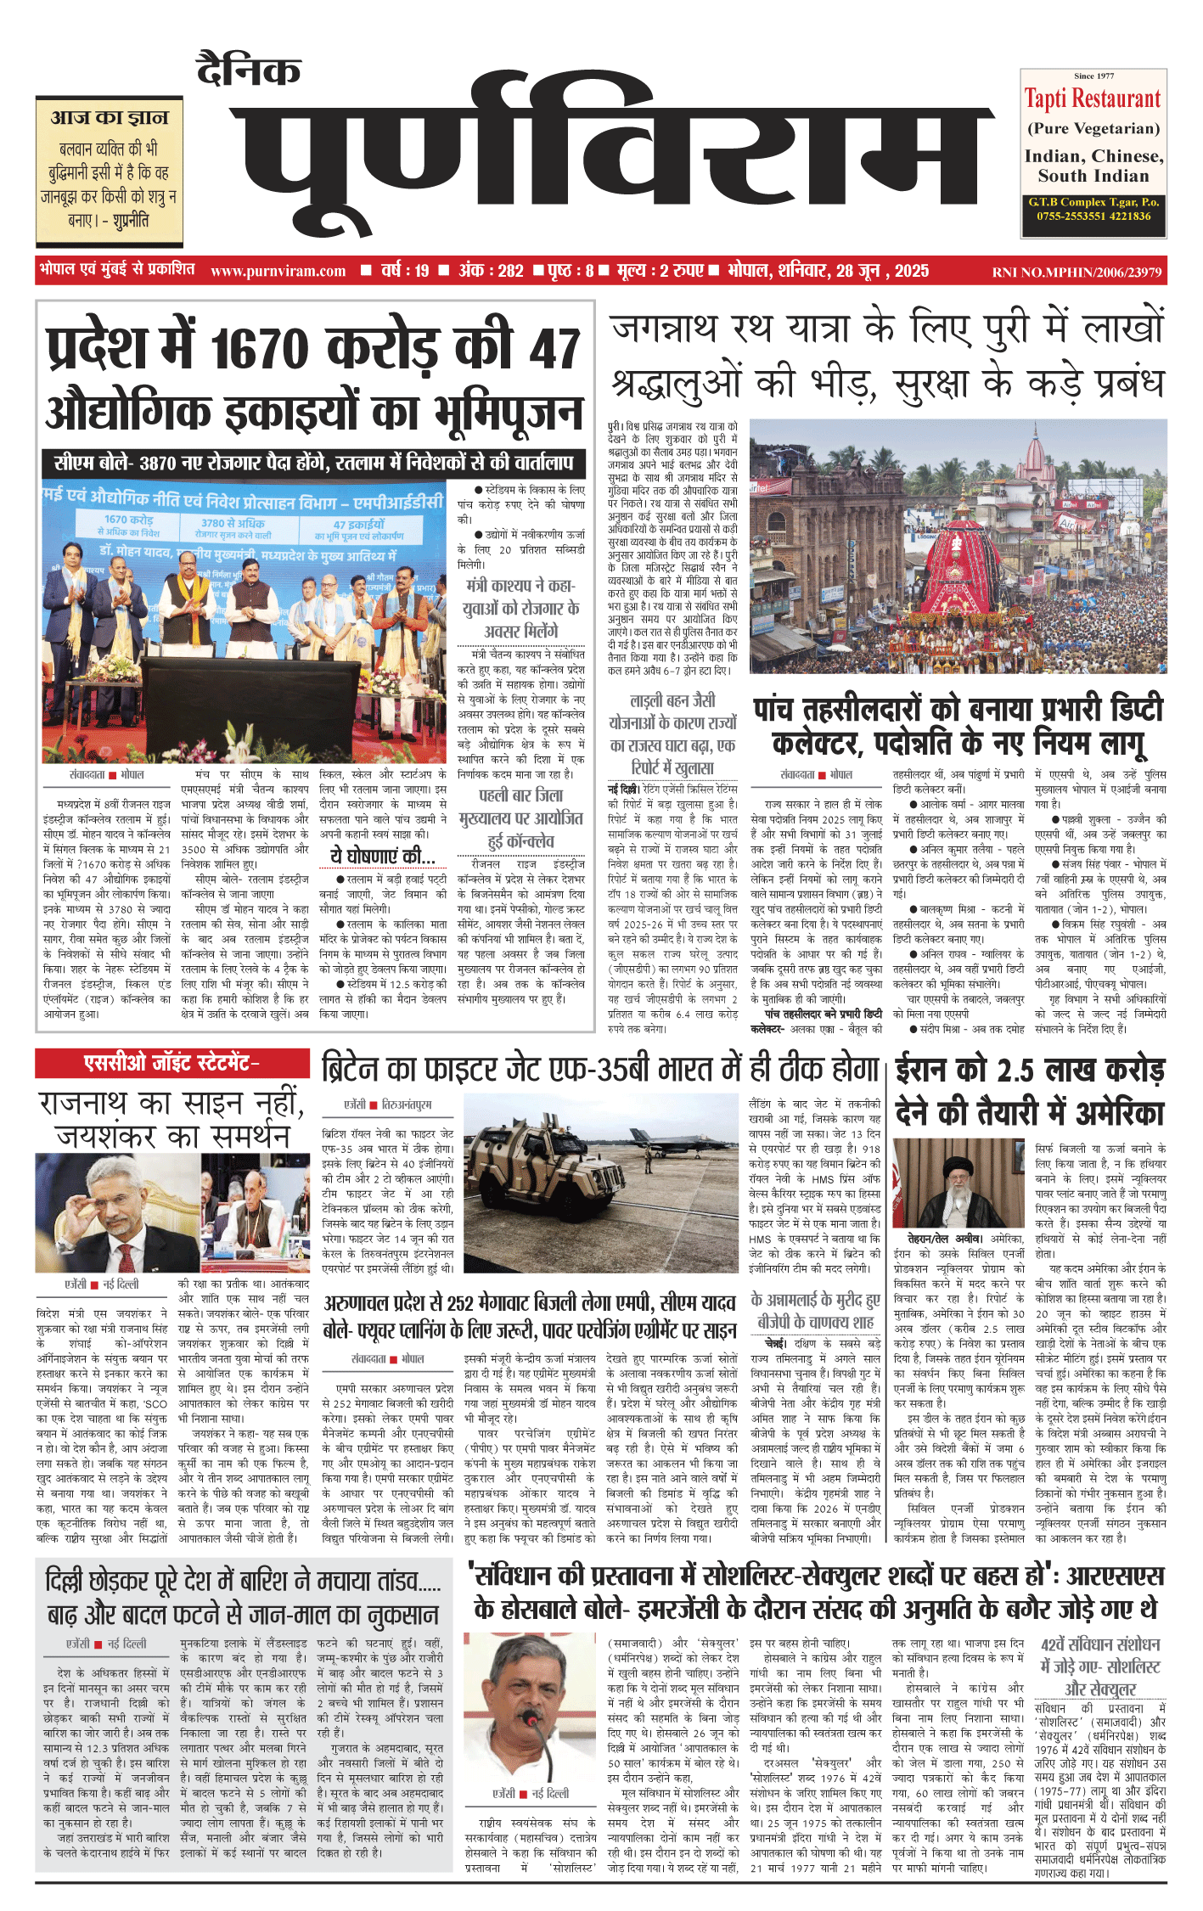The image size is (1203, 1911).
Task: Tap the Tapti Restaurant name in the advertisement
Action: pyautogui.click(x=1093, y=99)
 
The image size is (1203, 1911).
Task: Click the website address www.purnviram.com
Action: pyautogui.click(x=278, y=272)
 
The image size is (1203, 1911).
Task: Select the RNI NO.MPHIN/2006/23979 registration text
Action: pyautogui.click(x=1077, y=273)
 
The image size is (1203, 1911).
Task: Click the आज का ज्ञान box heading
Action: pyautogui.click(x=110, y=117)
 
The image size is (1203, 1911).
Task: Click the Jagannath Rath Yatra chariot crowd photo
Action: pyautogui.click(x=958, y=547)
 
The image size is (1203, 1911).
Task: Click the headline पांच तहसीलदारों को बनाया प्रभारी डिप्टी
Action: pyautogui.click(x=958, y=710)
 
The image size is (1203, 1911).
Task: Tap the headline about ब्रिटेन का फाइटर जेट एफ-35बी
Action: pyautogui.click(x=600, y=1071)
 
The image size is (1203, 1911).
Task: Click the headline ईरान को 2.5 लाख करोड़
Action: pyautogui.click(x=1030, y=1071)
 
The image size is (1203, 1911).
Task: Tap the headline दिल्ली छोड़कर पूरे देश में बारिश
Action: pyautogui.click(x=243, y=1581)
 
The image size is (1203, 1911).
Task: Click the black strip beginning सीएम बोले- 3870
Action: pyautogui.click(x=313, y=463)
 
